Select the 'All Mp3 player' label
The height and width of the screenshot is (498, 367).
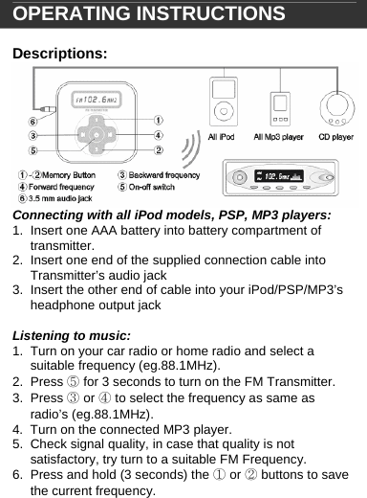click(x=278, y=137)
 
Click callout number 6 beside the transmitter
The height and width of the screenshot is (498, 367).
click(x=32, y=121)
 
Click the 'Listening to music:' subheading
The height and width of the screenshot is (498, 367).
click(x=70, y=336)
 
